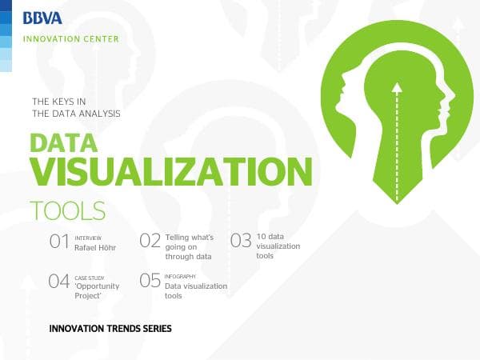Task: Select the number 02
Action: pyautogui.click(x=150, y=242)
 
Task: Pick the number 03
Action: pyautogui.click(x=241, y=242)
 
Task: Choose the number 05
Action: pyautogui.click(x=150, y=281)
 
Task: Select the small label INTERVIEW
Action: pyautogui.click(x=88, y=238)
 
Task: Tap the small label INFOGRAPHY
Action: pyautogui.click(x=180, y=276)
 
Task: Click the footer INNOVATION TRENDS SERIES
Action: pyautogui.click(x=110, y=328)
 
